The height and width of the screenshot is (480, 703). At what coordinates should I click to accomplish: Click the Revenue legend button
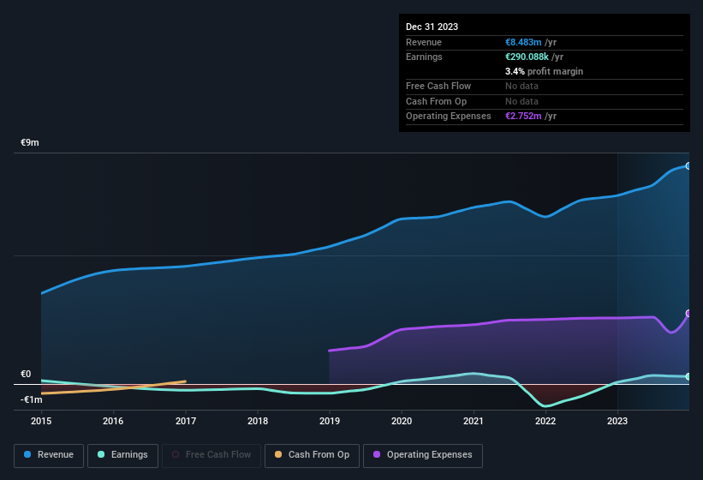tap(49, 454)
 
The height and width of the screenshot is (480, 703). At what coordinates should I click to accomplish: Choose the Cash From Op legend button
tap(312, 454)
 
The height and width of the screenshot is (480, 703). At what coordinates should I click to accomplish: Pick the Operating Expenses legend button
tap(423, 454)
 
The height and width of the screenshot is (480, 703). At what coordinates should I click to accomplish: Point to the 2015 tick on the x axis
tap(42, 421)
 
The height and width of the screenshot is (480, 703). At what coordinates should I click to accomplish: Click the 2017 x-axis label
tap(186, 421)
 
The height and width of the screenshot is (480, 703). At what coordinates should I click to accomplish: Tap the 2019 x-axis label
tap(330, 421)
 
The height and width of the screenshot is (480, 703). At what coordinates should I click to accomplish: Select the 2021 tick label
tap(474, 421)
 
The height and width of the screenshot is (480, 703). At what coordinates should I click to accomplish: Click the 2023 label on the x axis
tap(617, 421)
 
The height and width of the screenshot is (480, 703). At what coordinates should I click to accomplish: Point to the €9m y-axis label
tap(30, 142)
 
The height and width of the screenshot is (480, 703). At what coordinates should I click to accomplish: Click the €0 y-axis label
tap(26, 374)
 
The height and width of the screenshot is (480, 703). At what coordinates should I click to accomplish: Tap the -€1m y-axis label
tap(32, 399)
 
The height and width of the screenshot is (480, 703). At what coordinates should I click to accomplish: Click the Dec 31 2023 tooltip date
tap(432, 27)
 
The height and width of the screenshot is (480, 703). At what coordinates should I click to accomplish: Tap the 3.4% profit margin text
tap(544, 71)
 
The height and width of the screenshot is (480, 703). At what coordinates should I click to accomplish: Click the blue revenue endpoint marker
tap(688, 165)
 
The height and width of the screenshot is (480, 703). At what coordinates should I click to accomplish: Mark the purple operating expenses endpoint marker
tap(688, 314)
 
